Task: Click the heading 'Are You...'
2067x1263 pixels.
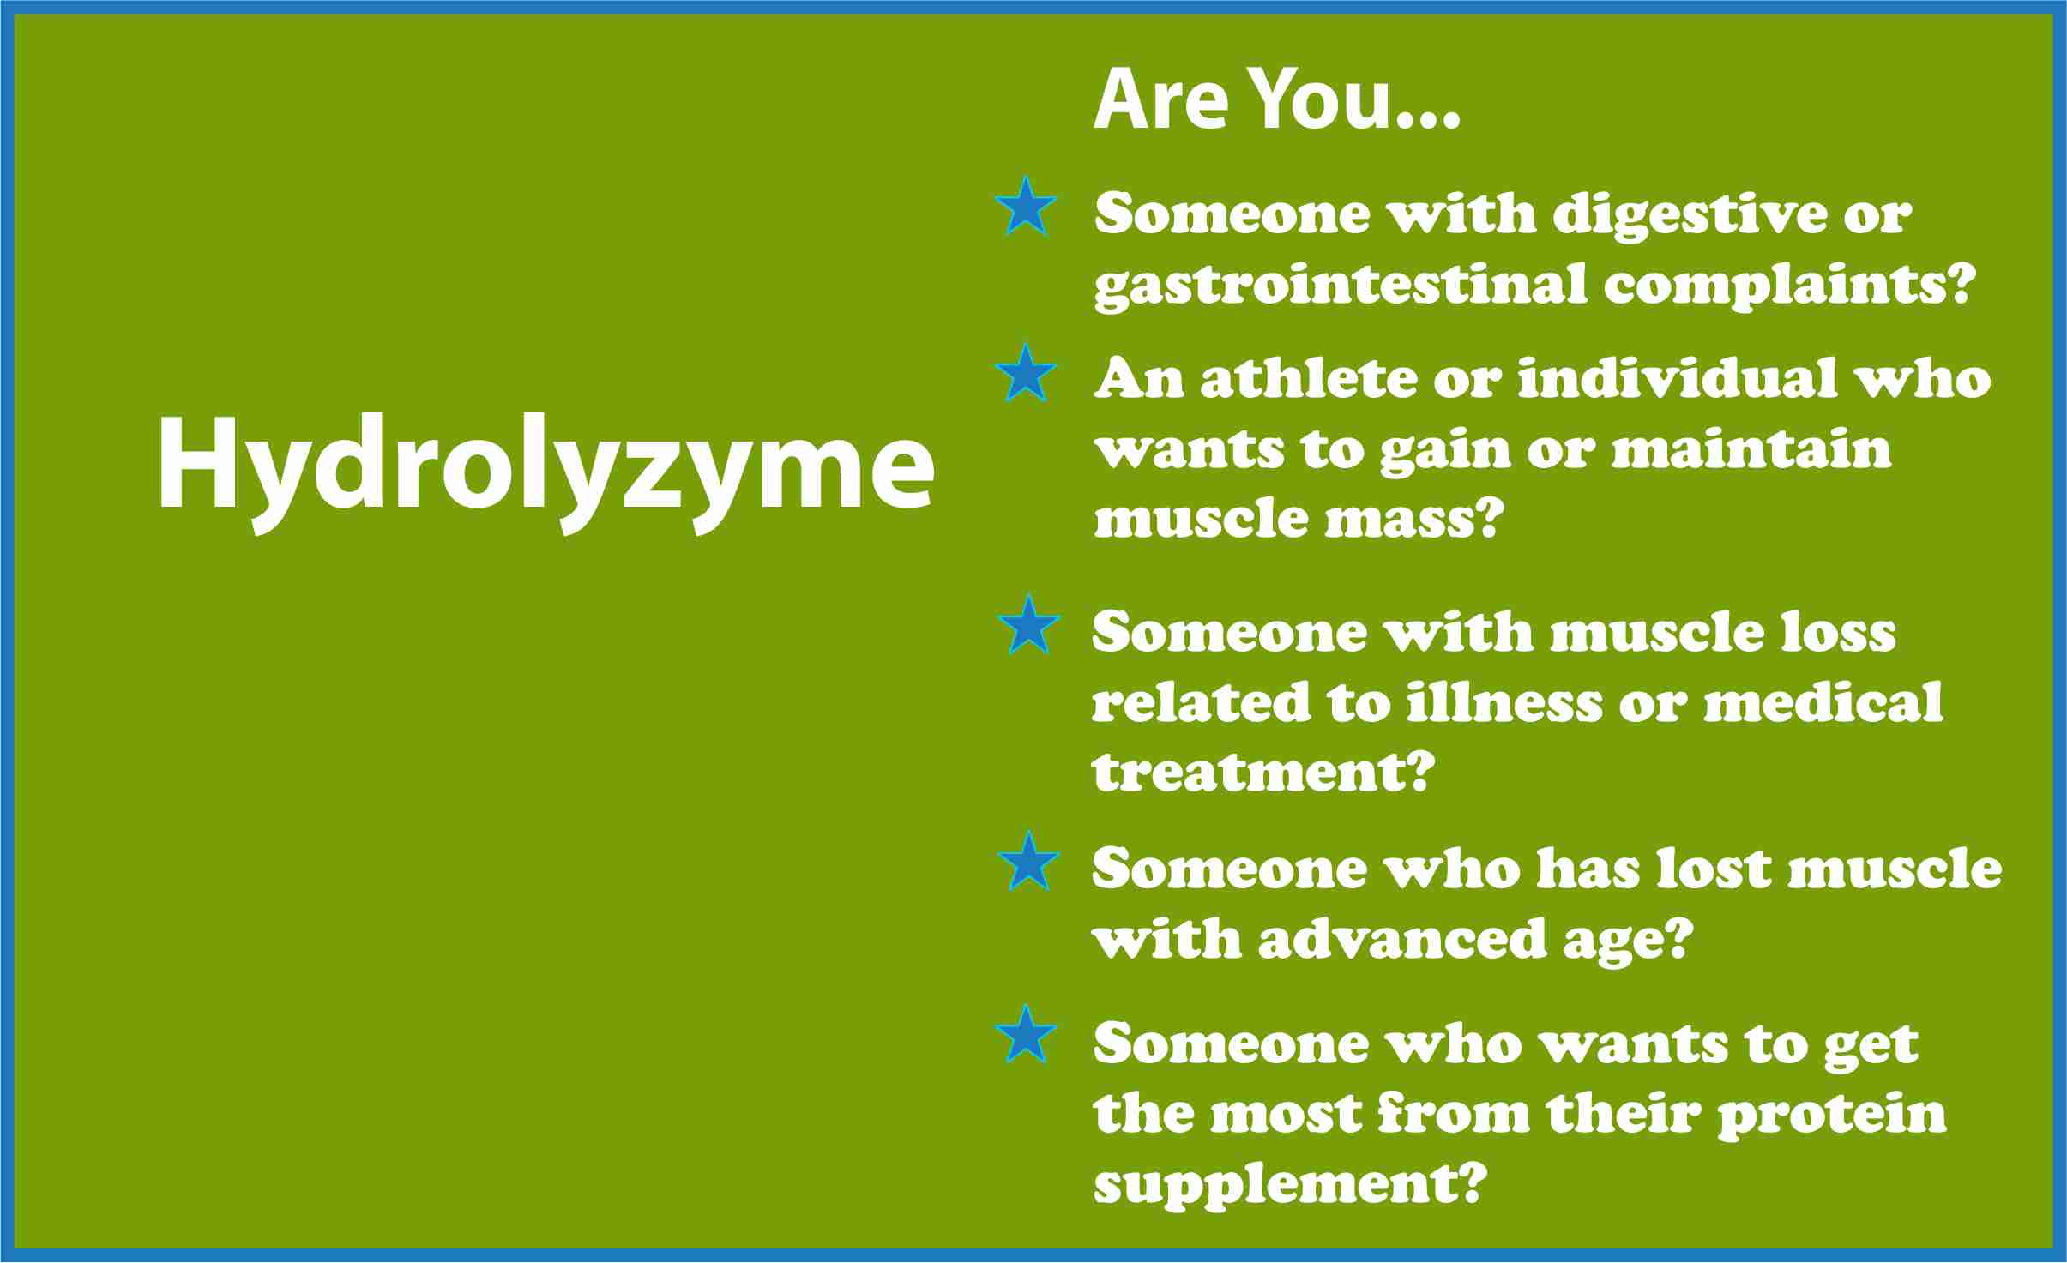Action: pyautogui.click(x=1276, y=100)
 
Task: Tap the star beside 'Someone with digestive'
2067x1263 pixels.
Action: pyautogui.click(x=1026, y=207)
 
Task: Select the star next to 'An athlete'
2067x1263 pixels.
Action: pyautogui.click(x=1026, y=373)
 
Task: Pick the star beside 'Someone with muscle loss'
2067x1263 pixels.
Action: pyautogui.click(x=1029, y=625)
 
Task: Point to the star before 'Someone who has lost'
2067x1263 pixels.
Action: pyautogui.click(x=1028, y=860)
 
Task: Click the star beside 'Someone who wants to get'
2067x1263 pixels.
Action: pyautogui.click(x=1026, y=1034)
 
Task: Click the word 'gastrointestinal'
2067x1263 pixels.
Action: pyautogui.click(x=1341, y=286)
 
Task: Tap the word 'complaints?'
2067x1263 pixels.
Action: pyautogui.click(x=1791, y=286)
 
